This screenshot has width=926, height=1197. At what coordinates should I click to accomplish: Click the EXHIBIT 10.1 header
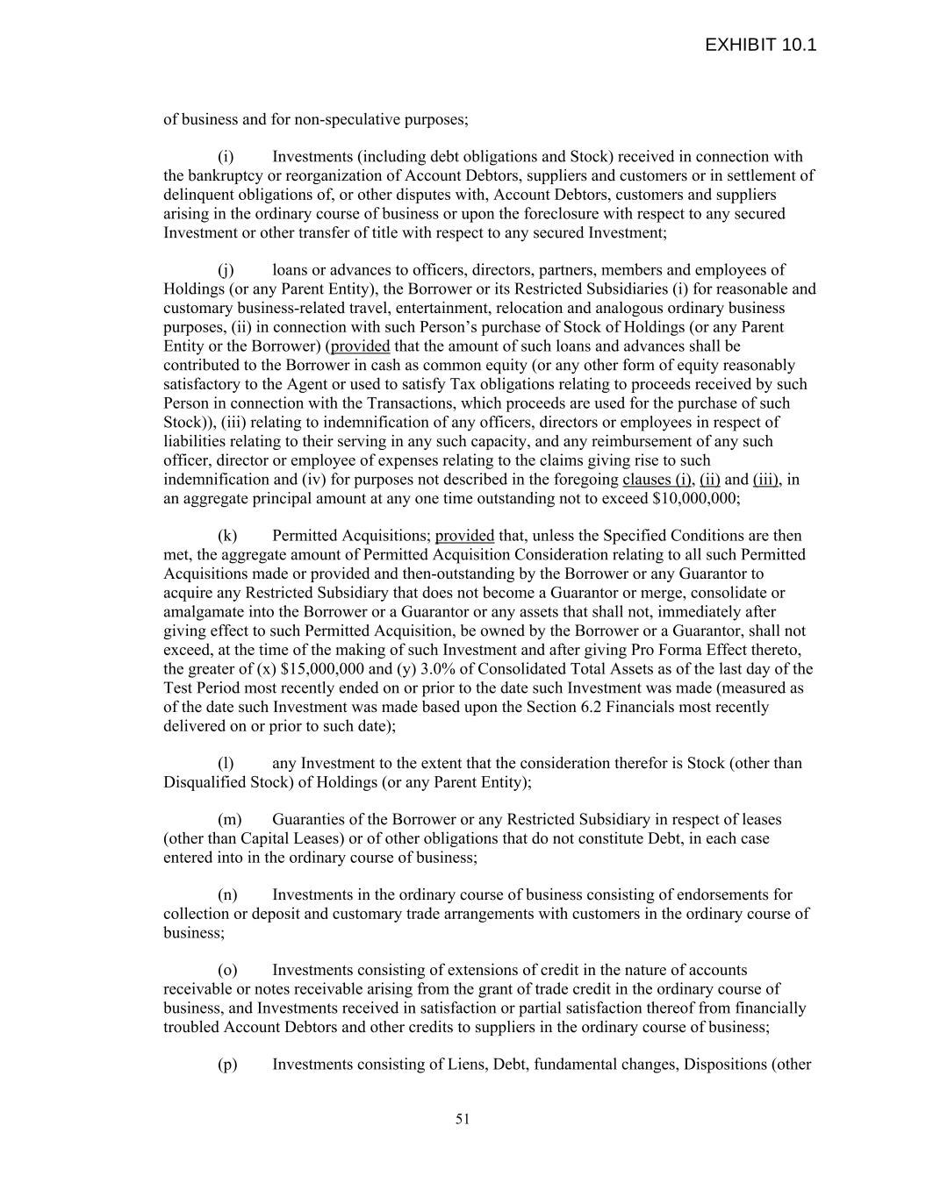(760, 45)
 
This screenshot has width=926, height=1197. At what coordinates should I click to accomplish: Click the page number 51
(463, 1119)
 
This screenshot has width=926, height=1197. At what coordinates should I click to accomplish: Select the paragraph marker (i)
(226, 157)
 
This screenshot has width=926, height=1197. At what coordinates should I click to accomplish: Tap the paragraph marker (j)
(226, 270)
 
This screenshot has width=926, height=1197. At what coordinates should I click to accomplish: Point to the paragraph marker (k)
(227, 536)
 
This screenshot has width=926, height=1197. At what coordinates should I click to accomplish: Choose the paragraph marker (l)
(226, 764)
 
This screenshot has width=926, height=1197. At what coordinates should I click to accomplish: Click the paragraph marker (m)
(229, 820)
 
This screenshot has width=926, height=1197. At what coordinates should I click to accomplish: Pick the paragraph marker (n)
(227, 895)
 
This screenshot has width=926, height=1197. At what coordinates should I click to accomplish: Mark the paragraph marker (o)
(227, 971)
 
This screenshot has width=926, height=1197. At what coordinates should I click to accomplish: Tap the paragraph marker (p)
(227, 1065)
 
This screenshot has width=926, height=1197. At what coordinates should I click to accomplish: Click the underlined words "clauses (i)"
(657, 480)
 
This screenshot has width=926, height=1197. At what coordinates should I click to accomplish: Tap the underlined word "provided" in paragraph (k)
(464, 536)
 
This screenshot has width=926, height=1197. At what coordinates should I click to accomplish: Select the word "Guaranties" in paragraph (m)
(308, 820)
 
